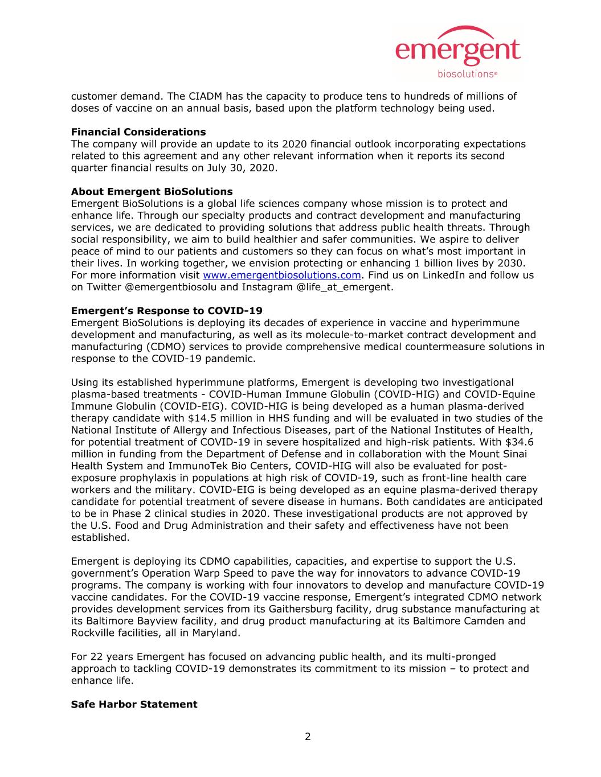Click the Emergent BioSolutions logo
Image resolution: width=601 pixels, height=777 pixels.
(457, 52)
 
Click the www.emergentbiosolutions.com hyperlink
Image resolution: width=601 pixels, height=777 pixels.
(282, 275)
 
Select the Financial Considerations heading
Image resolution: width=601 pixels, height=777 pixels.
(138, 132)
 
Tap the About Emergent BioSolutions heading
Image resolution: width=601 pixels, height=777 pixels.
(152, 191)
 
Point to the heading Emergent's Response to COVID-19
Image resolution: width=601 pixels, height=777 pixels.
(166, 311)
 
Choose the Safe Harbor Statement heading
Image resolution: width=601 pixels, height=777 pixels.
(134, 704)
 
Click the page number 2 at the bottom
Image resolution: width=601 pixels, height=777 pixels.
(308, 737)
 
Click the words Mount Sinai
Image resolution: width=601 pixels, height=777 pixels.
(498, 454)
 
